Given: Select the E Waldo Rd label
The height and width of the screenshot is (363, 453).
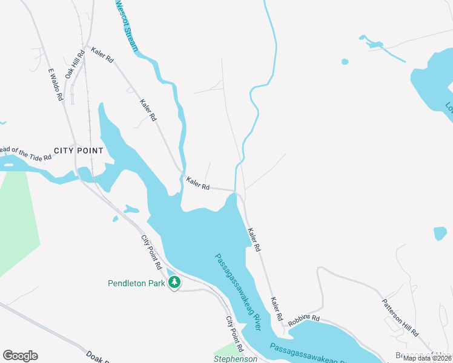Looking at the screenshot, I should point(56,83).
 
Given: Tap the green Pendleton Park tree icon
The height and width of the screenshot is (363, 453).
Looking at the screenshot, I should point(174,282).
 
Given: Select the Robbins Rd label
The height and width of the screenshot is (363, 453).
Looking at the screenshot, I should point(303,320).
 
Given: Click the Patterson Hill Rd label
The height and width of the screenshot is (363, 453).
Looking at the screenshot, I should point(400,318).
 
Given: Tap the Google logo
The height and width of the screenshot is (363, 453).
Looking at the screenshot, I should point(20,356).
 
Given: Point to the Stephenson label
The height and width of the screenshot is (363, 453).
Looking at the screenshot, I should point(236,359).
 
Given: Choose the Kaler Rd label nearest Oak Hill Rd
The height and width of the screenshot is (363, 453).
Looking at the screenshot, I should point(102,56).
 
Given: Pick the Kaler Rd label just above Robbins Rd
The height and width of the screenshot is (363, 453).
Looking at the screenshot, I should point(277,309).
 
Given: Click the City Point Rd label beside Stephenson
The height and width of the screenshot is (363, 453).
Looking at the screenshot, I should point(234,334).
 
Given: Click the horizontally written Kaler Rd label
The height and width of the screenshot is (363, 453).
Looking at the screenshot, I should point(198,183).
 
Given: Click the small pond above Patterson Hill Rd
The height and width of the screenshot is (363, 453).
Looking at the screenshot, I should point(440,233).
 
